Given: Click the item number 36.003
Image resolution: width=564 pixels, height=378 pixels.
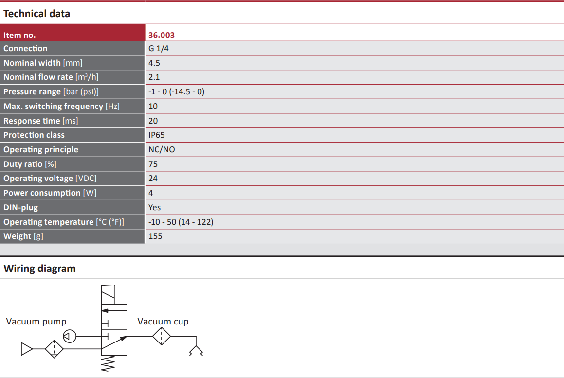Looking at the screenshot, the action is pyautogui.click(x=162, y=35).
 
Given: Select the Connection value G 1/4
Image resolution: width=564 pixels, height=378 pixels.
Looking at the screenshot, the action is pyautogui.click(x=158, y=49).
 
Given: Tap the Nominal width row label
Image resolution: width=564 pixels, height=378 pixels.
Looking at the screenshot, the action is pyautogui.click(x=43, y=63).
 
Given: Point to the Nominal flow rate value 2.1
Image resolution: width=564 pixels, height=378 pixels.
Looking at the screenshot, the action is pyautogui.click(x=154, y=77).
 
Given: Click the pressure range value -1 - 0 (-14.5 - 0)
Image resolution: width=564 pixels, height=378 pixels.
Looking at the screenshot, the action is pyautogui.click(x=176, y=92).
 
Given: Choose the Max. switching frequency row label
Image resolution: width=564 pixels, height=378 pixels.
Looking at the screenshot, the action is pyautogui.click(x=61, y=107).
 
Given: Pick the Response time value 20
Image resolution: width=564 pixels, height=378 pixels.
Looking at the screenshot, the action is pyautogui.click(x=153, y=121).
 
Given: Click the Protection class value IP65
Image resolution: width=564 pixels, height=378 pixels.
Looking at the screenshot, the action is pyautogui.click(x=157, y=135).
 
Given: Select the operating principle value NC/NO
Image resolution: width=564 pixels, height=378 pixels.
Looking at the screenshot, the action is pyautogui.click(x=162, y=150).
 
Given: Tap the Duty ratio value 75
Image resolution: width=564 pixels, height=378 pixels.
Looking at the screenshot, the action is pyautogui.click(x=153, y=164).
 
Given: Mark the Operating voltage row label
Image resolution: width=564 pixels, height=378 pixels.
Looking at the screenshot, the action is pyautogui.click(x=50, y=179).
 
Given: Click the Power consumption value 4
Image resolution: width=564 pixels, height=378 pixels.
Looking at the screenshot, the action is pyautogui.click(x=151, y=193).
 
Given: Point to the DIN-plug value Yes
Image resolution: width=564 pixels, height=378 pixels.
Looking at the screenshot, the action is pyautogui.click(x=155, y=208).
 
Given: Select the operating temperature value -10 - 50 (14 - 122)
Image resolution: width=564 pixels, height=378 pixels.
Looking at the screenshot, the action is pyautogui.click(x=181, y=222).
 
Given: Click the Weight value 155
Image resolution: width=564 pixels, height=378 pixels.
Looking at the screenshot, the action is pyautogui.click(x=155, y=236).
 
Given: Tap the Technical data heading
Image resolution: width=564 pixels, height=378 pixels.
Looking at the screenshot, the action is pyautogui.click(x=36, y=14).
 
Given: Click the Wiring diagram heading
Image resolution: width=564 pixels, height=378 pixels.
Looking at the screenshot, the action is pyautogui.click(x=39, y=269).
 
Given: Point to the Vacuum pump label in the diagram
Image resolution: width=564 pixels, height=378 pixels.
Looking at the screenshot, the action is pyautogui.click(x=36, y=322).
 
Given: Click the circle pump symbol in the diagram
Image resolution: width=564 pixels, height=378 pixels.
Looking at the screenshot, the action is pyautogui.click(x=70, y=336).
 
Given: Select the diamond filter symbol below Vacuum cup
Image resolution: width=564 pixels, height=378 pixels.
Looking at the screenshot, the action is pyautogui.click(x=162, y=336).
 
